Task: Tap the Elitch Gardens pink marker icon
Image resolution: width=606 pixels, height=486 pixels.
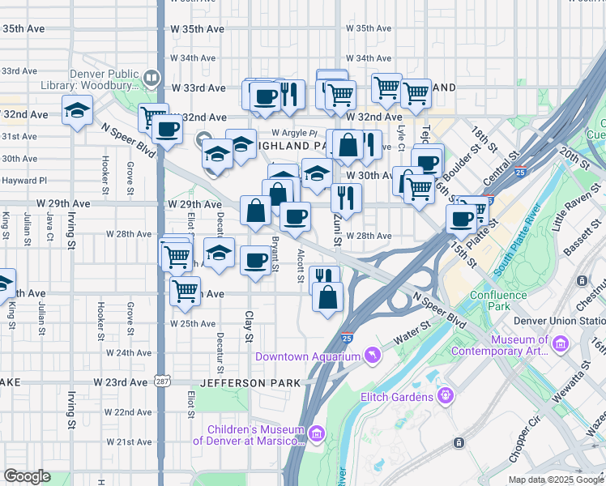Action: coord(444,395)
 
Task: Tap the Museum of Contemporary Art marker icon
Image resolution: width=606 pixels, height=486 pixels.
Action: coord(560,346)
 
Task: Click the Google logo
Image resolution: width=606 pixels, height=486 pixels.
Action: coord(27,476)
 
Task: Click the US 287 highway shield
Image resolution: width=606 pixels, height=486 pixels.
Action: coord(160,382)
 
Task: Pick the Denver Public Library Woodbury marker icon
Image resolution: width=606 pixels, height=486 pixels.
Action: coord(151,78)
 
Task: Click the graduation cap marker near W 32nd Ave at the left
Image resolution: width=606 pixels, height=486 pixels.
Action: coord(77,112)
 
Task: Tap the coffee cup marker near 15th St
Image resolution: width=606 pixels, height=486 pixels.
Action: coord(462,218)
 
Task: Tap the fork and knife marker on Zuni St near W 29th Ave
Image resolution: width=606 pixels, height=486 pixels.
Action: coord(346,197)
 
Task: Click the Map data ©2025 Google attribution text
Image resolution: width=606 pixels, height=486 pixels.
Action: coord(555,480)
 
